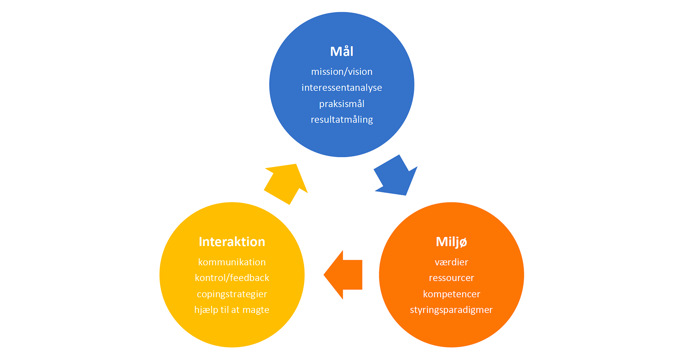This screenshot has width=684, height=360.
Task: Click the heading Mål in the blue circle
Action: [342, 52]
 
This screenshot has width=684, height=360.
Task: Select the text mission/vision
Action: [342, 72]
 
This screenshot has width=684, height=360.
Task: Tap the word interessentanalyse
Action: [342, 88]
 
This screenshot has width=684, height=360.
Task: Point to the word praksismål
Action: [342, 104]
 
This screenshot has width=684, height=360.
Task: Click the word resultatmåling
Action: [342, 120]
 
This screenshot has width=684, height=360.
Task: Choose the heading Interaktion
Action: [232, 242]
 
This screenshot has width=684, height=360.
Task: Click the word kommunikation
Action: [232, 262]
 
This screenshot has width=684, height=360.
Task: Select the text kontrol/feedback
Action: [232, 278]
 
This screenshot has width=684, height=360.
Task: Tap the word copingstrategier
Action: [232, 294]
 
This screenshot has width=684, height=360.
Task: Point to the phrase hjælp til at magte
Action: [232, 310]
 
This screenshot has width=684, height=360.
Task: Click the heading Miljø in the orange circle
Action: [451, 242]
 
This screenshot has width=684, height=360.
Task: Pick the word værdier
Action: [451, 262]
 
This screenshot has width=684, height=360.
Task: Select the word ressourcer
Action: [451, 278]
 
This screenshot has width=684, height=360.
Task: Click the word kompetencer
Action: [451, 294]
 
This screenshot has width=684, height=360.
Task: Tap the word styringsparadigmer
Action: [451, 310]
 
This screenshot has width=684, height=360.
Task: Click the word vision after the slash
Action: [360, 72]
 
